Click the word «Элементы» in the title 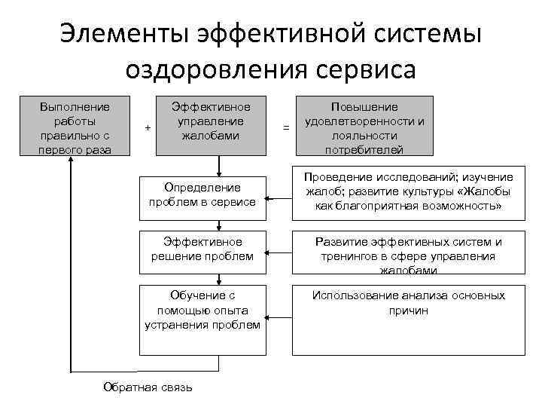(x=124, y=35)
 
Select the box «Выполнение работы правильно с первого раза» (x=75, y=126)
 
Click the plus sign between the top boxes (x=148, y=127)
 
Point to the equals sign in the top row (x=285, y=128)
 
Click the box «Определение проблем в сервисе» (x=202, y=194)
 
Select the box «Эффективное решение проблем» (x=202, y=249)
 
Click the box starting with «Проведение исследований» (x=409, y=191)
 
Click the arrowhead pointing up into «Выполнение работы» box (x=71, y=164)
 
